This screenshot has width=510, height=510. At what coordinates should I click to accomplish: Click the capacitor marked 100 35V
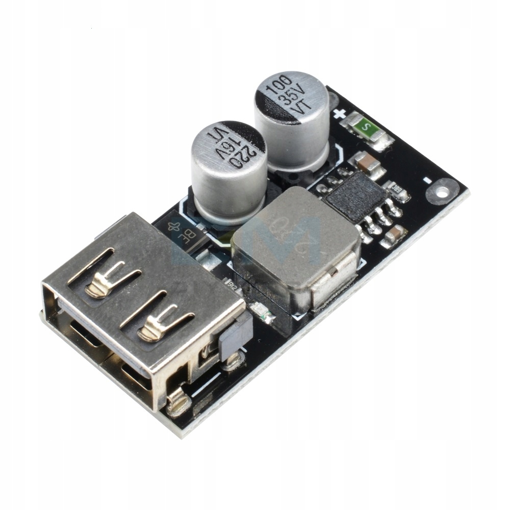pos(292,120)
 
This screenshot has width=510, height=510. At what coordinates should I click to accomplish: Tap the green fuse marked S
pos(366,126)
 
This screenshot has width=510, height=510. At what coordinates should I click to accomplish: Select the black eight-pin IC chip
pos(356,196)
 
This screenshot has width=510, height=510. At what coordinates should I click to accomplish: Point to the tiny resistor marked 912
pos(233,286)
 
